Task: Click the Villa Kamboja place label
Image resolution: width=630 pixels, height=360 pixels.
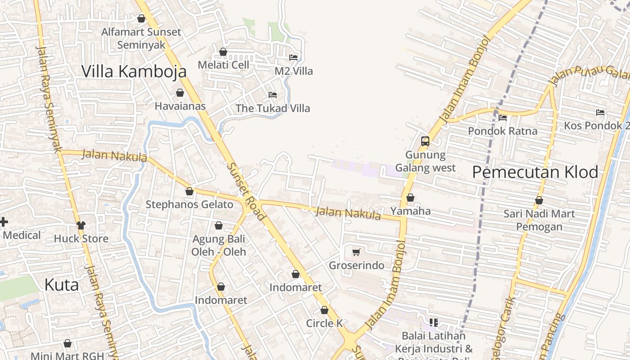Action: (134, 71)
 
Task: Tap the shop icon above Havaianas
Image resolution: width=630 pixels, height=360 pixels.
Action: (180, 93)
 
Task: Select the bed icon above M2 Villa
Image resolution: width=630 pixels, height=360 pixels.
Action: (293, 57)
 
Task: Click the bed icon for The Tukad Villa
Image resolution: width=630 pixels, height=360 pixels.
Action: (272, 94)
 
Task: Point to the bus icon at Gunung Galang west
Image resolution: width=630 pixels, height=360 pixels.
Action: (425, 141)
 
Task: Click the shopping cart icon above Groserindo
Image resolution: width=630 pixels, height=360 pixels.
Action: (356, 252)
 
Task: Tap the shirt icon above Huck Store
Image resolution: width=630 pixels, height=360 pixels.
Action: (81, 225)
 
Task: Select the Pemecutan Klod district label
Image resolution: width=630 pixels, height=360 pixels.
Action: (535, 172)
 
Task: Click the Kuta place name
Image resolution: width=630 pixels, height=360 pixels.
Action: (62, 285)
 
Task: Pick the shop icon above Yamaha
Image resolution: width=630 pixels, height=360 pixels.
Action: (410, 198)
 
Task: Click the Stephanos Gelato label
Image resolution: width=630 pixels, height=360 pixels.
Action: (189, 205)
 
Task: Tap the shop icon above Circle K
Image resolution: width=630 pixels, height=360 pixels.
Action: (324, 310)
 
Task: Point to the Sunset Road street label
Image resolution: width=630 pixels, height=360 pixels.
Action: (246, 191)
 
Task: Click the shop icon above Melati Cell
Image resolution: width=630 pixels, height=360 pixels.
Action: (223, 52)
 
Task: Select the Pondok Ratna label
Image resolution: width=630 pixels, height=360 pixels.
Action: (503, 131)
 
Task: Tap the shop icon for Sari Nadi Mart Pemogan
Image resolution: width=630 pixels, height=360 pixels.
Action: (539, 200)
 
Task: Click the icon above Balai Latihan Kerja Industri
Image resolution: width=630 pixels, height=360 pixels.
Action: (434, 322)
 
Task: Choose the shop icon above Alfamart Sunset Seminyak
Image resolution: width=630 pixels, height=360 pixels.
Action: (141, 18)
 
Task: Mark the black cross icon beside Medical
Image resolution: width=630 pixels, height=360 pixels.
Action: (4, 222)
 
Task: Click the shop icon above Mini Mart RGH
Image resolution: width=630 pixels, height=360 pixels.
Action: (67, 344)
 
